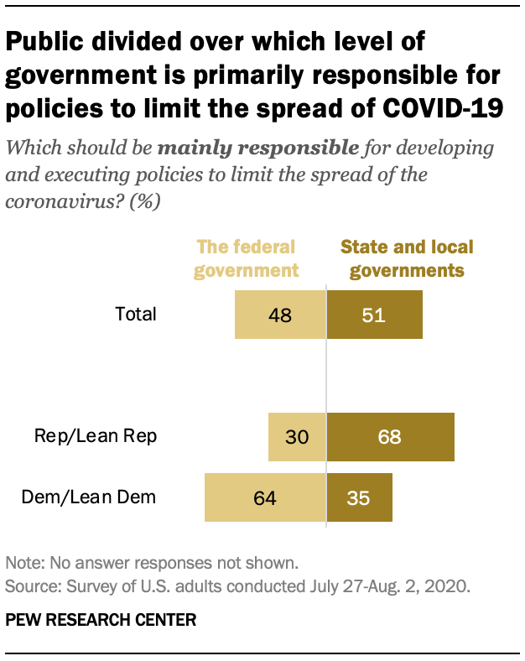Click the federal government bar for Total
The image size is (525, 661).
click(x=279, y=315)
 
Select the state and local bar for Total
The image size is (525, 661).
click(x=374, y=315)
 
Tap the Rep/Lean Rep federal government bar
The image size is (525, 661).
click(x=296, y=437)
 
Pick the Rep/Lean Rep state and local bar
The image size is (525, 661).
click(x=390, y=437)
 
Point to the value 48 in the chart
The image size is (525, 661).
click(x=279, y=315)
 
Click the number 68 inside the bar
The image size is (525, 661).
click(x=390, y=437)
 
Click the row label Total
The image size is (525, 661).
click(x=137, y=315)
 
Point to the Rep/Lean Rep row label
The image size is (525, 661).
click(x=95, y=437)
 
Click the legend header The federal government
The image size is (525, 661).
click(x=247, y=258)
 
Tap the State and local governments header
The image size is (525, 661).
click(x=406, y=258)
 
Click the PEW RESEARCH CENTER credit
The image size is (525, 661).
click(x=101, y=620)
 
